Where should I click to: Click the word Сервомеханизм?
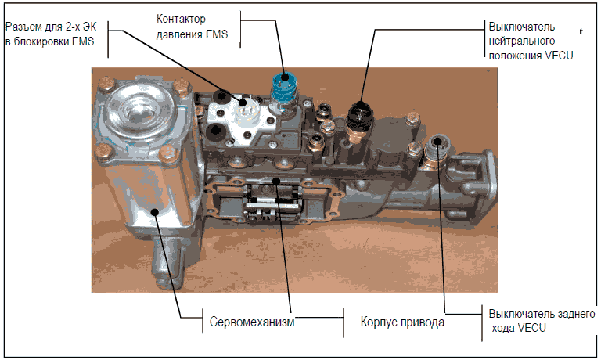point(251,322)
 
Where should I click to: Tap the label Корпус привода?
point(403,322)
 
